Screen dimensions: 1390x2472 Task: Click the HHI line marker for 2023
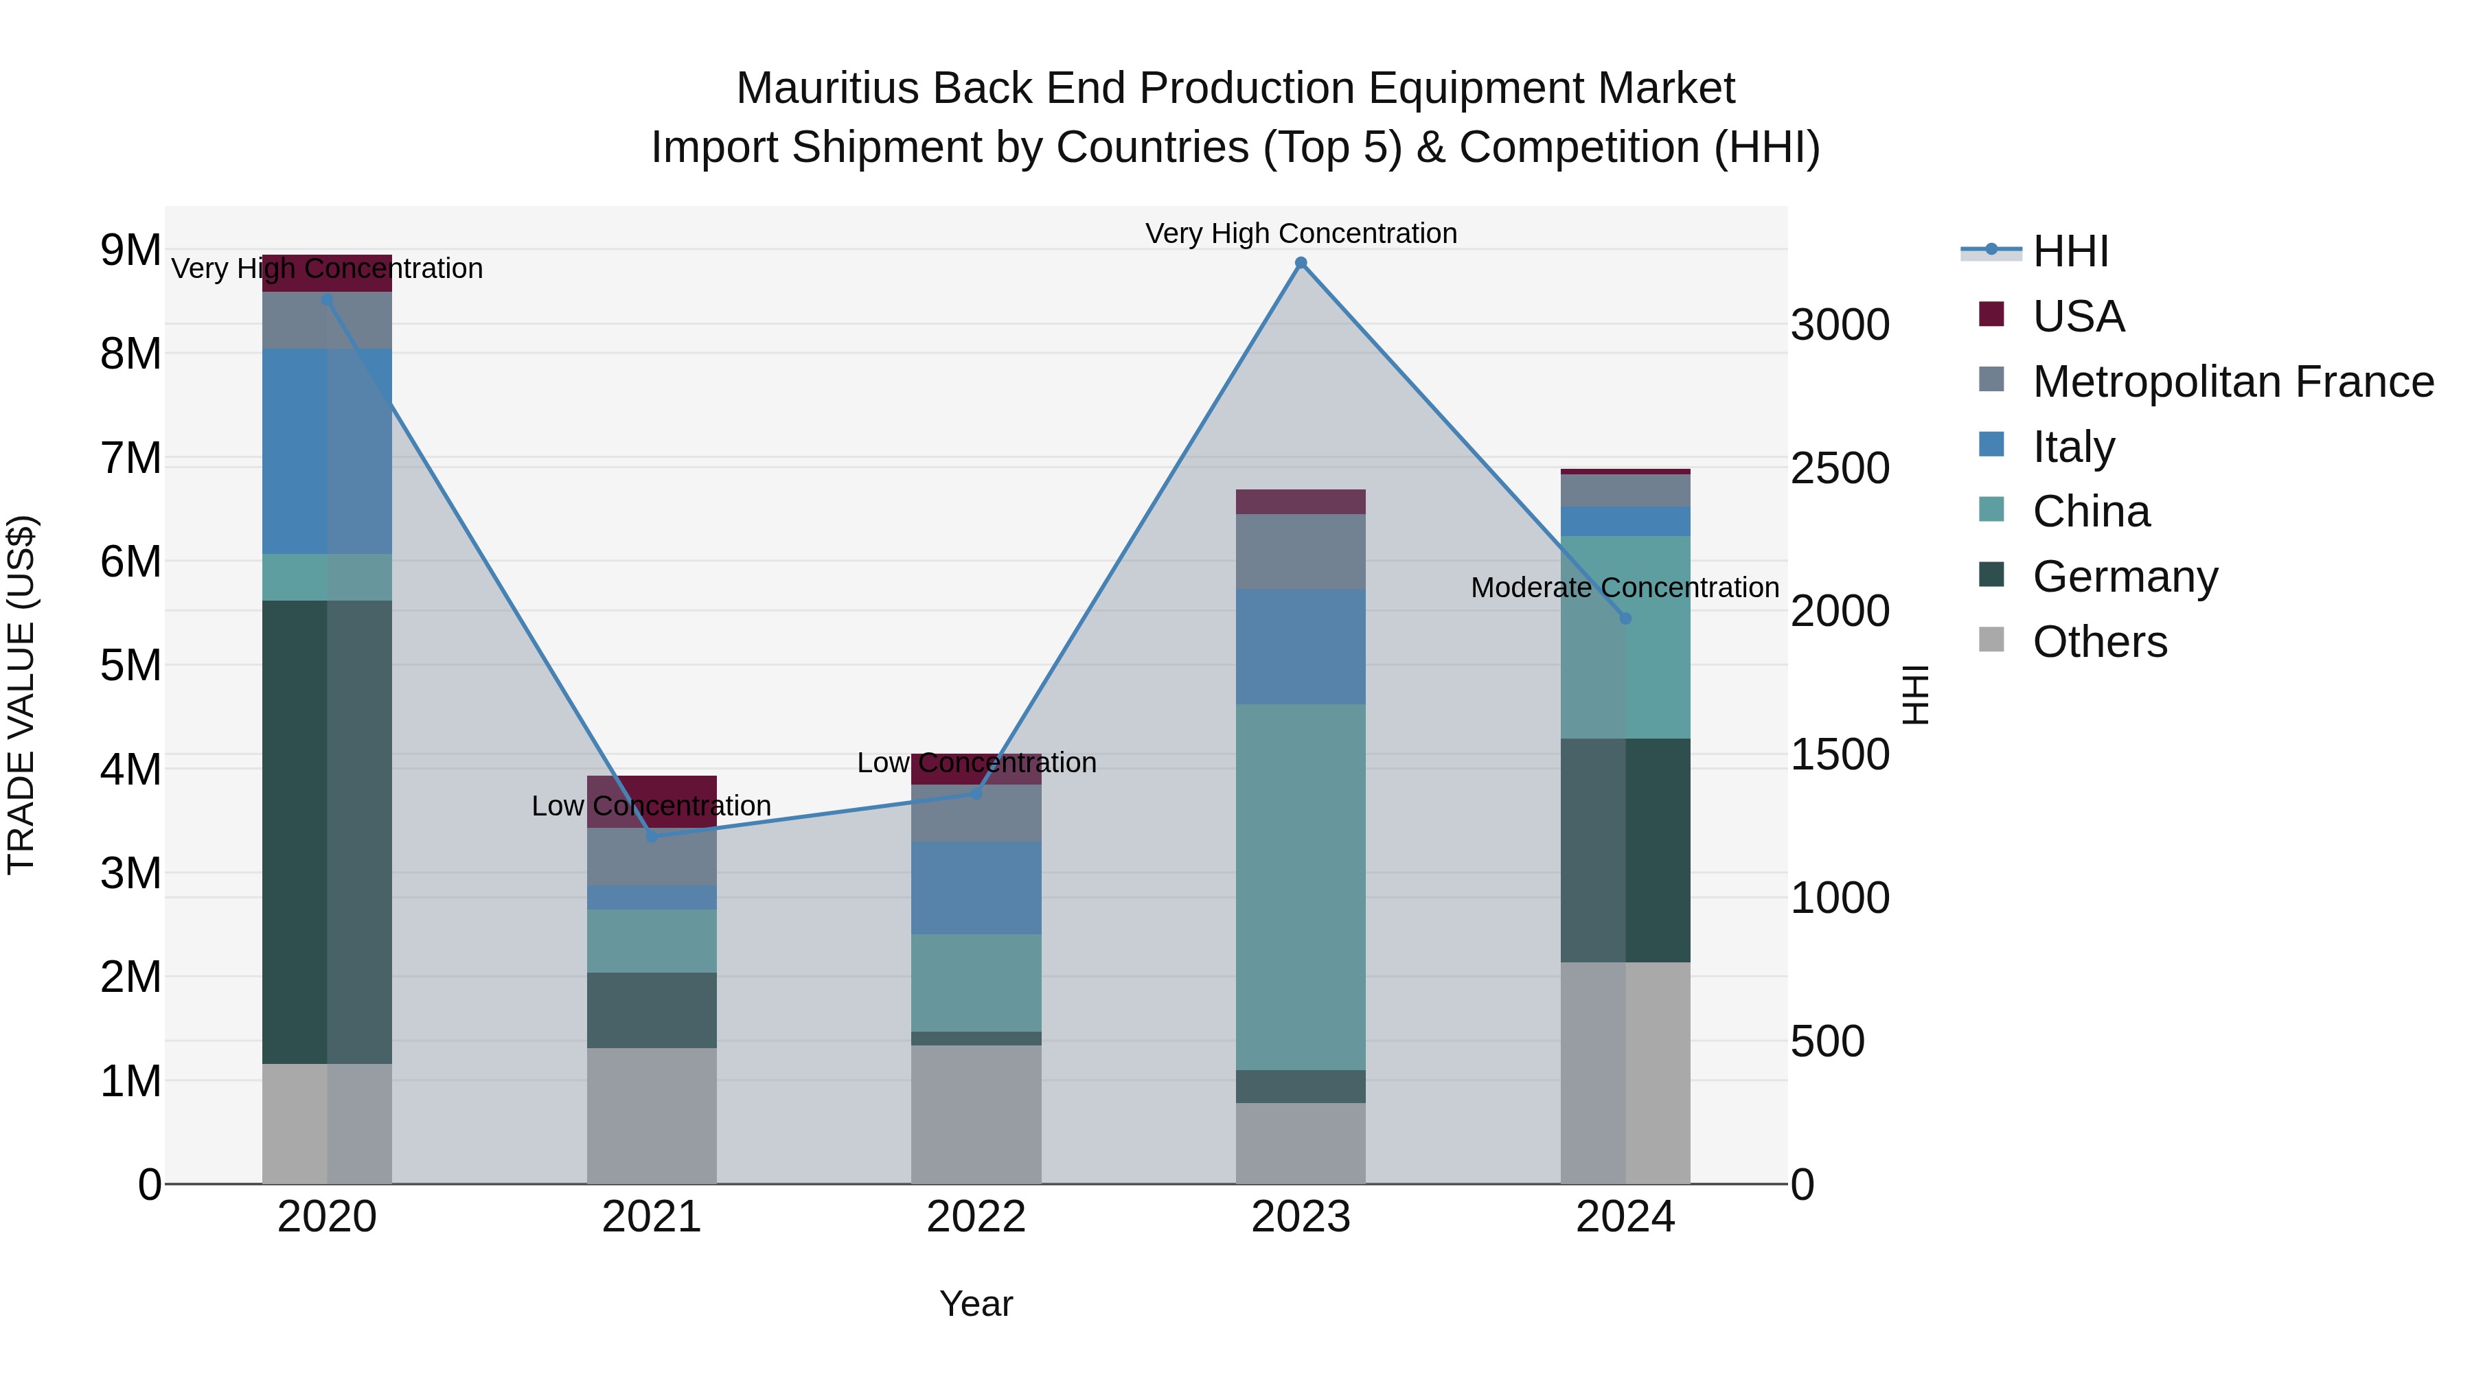[1301, 263]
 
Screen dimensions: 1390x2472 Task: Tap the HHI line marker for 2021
[652, 837]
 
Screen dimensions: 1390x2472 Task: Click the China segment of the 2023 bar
[1301, 888]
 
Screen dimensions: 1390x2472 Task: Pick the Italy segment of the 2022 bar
[976, 888]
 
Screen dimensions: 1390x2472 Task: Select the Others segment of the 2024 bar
[1625, 1072]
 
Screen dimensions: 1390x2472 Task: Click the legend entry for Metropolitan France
[2233, 382]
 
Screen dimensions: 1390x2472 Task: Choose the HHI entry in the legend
[2070, 251]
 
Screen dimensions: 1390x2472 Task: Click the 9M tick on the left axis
[130, 251]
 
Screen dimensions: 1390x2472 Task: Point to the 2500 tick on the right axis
[1840, 469]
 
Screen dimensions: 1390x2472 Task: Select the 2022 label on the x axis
[976, 1217]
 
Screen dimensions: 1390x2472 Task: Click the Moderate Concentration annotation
[1624, 587]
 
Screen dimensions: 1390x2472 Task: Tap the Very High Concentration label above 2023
[1301, 233]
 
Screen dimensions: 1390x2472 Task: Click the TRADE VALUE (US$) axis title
[21, 695]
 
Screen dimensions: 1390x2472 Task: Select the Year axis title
[976, 1304]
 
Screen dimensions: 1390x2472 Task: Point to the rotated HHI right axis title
[1914, 695]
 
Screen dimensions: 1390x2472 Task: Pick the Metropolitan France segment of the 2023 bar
[1301, 552]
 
